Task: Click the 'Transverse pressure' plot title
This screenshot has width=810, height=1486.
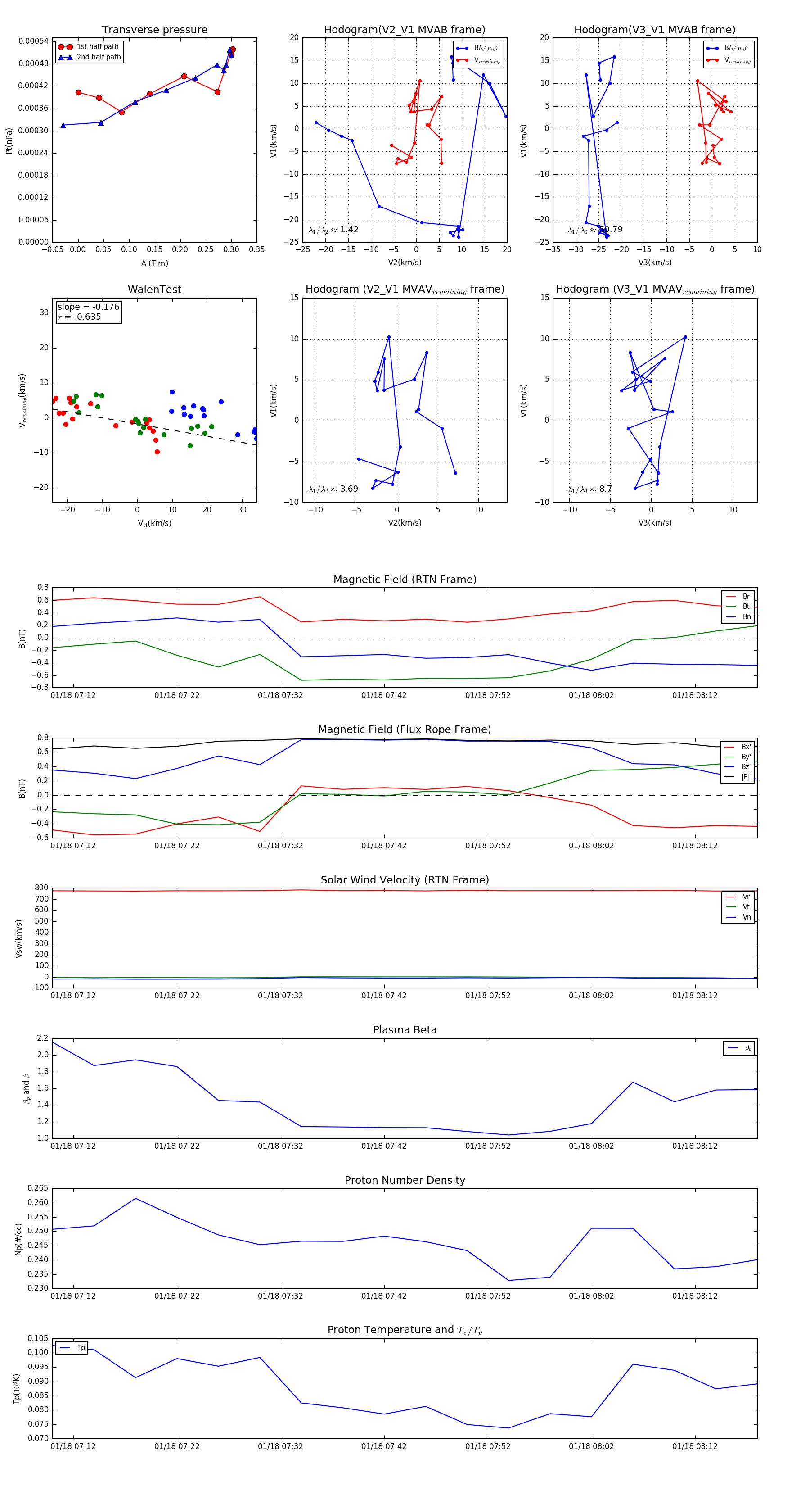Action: (154, 30)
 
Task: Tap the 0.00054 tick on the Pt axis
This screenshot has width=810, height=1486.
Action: (33, 41)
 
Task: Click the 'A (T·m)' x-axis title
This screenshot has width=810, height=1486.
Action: (154, 263)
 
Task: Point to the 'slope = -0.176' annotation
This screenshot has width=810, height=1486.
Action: (88, 307)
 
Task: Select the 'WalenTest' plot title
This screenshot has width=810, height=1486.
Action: (154, 290)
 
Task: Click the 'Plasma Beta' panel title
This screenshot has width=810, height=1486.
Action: (405, 1030)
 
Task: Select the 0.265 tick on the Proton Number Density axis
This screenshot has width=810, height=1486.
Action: (38, 1188)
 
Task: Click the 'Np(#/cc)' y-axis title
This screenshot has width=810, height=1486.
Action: (18, 1238)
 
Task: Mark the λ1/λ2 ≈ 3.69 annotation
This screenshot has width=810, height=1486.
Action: (333, 489)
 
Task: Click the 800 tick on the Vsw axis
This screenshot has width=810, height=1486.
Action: (41, 888)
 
